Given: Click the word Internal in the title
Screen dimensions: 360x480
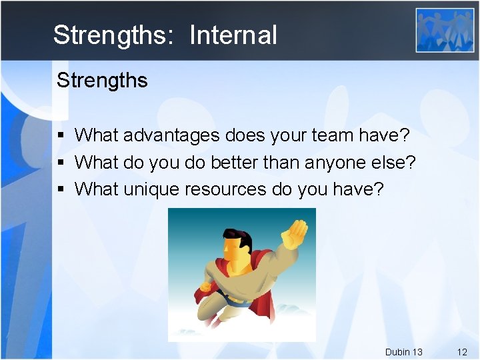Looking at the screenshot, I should click(233, 35).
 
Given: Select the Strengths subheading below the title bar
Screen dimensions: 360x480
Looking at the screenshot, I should click(102, 81).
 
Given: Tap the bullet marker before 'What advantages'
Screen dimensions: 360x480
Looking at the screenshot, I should click(61, 135).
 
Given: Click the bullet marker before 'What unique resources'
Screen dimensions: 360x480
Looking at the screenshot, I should click(61, 189).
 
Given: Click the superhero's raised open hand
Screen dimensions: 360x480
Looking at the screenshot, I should click(294, 233).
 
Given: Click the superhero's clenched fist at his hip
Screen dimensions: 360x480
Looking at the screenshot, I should click(205, 287).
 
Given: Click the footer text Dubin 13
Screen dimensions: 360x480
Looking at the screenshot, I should click(403, 351).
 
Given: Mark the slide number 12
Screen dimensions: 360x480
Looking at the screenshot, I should click(462, 351).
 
